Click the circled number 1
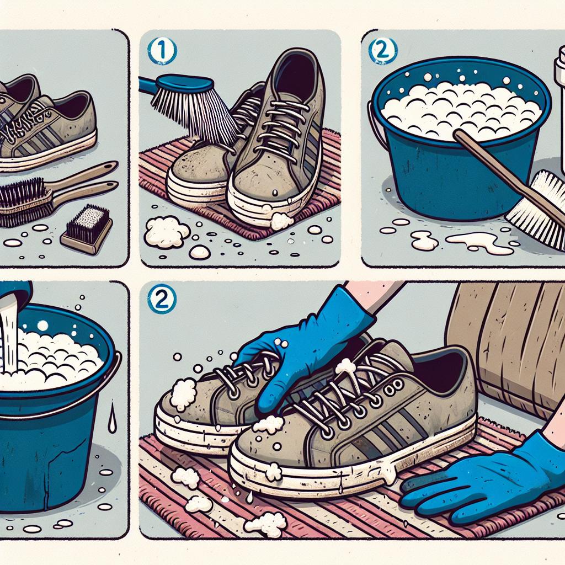point(162,51)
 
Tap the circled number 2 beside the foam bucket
point(383,51)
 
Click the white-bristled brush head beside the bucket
point(537,210)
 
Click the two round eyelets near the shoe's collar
point(394,387)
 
